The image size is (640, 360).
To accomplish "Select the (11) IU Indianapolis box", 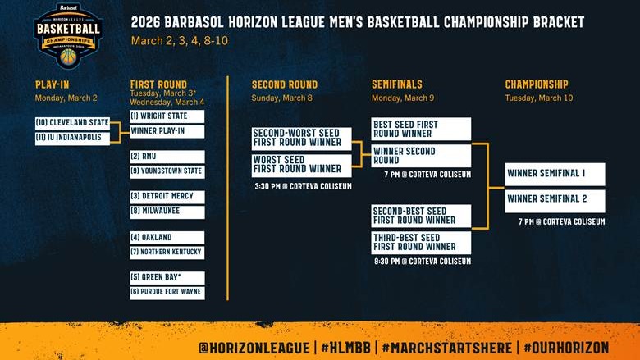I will pyautogui.click(x=71, y=138).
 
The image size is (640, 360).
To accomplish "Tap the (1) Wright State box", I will pyautogui.click(x=167, y=116).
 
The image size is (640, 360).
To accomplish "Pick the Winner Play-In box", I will pyautogui.click(x=167, y=130).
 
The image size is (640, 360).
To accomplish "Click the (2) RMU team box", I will pyautogui.click(x=167, y=157).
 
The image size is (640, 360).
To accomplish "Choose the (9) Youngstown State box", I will pyautogui.click(x=167, y=171).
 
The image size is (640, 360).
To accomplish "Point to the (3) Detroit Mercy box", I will pyautogui.click(x=167, y=197).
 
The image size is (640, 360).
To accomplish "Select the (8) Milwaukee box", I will pyautogui.click(x=167, y=211).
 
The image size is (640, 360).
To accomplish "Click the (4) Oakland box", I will pyautogui.click(x=167, y=238).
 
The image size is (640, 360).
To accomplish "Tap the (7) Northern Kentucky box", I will pyautogui.click(x=167, y=251).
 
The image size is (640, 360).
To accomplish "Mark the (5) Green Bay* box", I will pyautogui.click(x=167, y=278).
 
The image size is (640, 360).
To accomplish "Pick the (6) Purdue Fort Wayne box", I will pyautogui.click(x=167, y=292).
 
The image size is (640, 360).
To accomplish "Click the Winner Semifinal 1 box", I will pyautogui.click(x=555, y=174).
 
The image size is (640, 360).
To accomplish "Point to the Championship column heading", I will pyautogui.click(x=537, y=84).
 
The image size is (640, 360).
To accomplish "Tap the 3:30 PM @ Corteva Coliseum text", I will pyautogui.click(x=304, y=186).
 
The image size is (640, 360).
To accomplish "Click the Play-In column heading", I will pyautogui.click(x=53, y=84).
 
